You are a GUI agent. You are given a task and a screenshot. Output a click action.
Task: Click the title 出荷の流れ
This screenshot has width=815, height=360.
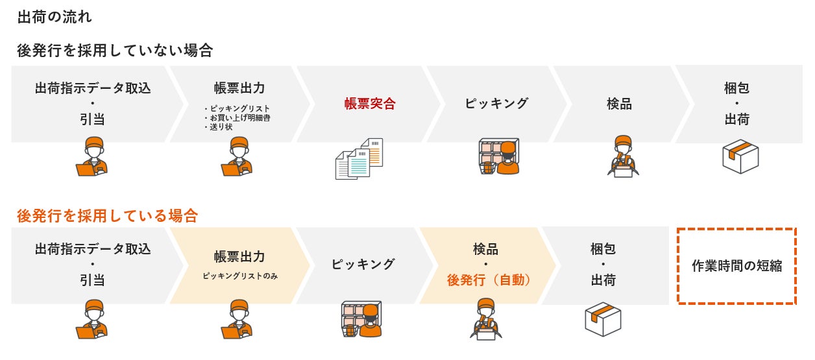click(x=55, y=17)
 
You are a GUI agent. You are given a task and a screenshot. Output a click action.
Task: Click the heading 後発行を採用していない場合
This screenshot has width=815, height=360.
click(x=115, y=51)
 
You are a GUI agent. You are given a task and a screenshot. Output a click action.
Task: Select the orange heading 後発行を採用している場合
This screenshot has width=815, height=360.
click(x=107, y=215)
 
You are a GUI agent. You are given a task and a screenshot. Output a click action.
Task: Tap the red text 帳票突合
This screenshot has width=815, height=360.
click(x=370, y=104)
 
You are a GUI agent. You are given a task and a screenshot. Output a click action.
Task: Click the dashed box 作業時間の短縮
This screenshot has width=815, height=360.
click(x=736, y=266)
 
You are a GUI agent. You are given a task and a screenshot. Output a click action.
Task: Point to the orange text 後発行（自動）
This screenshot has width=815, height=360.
click(x=489, y=280)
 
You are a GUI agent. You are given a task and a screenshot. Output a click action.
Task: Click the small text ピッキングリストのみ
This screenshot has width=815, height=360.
click(x=239, y=276)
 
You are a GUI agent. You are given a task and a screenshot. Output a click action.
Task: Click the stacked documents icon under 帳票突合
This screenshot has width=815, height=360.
click(x=358, y=158)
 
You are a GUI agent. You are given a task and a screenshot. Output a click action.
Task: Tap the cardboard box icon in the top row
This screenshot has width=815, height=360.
click(x=740, y=156)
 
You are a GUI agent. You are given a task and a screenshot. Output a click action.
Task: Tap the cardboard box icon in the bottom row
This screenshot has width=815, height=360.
click(x=603, y=318)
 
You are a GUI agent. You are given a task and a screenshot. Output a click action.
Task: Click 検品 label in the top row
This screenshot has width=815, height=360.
click(x=619, y=104)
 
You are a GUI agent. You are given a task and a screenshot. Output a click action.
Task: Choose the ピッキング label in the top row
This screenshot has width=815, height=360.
click(x=496, y=104)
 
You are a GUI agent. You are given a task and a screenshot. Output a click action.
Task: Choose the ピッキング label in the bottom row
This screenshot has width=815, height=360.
click(x=363, y=265)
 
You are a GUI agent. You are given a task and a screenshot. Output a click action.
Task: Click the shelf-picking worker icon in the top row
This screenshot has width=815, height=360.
click(x=499, y=156)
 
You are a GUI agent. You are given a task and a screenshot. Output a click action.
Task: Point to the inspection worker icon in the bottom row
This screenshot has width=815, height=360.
click(x=487, y=318)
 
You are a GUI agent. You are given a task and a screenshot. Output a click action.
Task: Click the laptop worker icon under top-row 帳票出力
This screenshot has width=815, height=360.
click(x=237, y=156)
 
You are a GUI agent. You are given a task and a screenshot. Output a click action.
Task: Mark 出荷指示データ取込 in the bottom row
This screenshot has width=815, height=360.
click(x=93, y=249)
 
